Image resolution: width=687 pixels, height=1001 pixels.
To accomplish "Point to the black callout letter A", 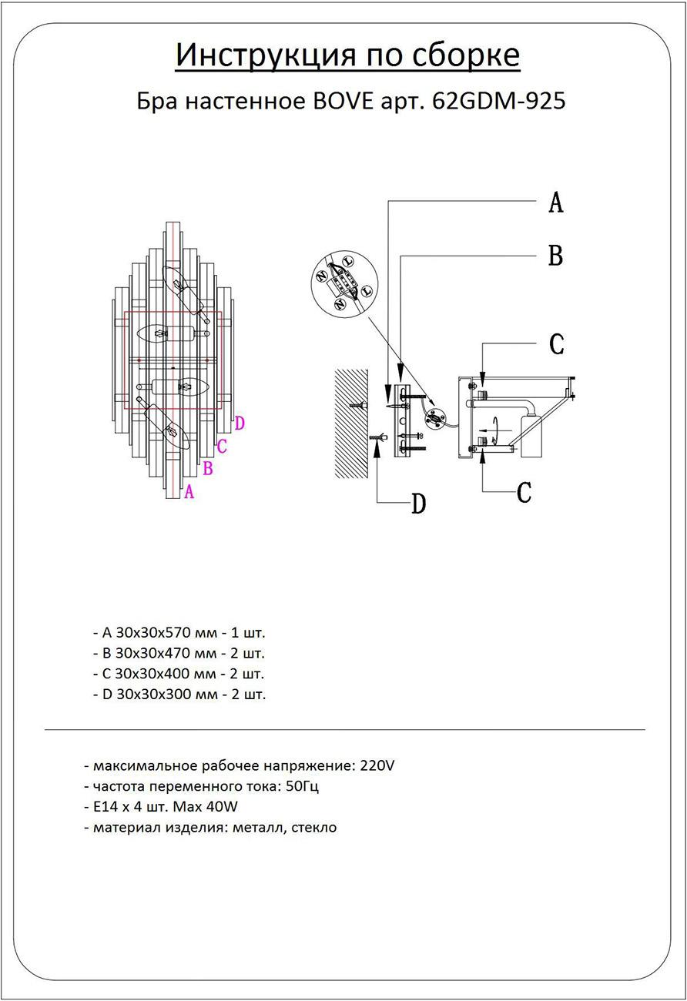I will pos(555,203).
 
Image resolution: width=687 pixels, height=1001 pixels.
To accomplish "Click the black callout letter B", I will pos(555,256).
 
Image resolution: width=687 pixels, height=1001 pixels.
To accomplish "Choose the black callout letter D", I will pos(418,504).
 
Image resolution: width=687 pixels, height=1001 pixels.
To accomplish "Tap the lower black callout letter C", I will pos(524,491).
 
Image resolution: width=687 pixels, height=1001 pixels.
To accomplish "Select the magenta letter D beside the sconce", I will pos(240,423).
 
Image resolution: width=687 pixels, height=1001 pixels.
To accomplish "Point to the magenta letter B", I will pos(207,467).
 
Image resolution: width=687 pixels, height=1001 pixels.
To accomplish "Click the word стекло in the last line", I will pos(314,829).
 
